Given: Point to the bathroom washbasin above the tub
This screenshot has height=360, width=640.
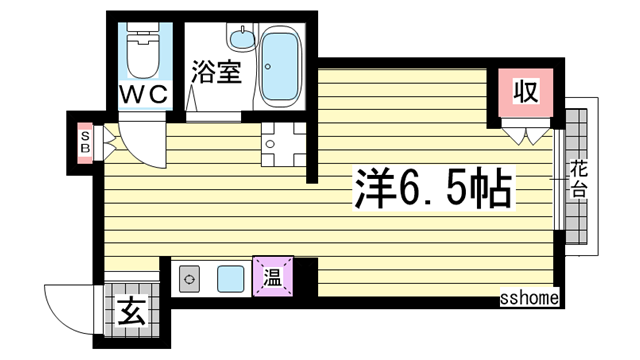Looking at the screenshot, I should tap(241, 41).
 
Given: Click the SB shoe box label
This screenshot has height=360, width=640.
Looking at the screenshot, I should tap(86, 143).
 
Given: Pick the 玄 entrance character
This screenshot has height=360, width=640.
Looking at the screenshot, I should tap(131, 311).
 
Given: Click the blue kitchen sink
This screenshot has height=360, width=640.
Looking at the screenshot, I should tap(232, 277).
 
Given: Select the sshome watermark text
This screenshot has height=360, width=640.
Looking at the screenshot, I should tap(529, 299).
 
